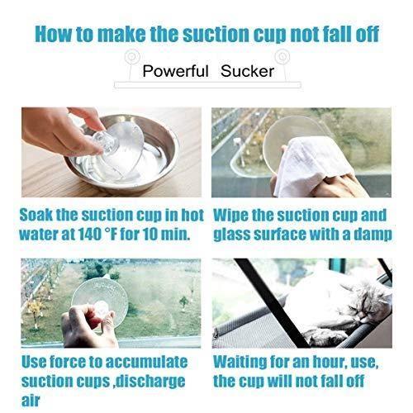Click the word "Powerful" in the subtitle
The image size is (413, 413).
tap(175, 71)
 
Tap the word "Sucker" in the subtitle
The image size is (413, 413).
tap(247, 71)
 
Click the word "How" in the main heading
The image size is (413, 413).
tap(53, 34)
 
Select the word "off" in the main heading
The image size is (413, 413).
tap(368, 34)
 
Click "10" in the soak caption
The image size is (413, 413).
tap(150, 234)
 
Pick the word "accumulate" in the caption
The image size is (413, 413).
tap(146, 362)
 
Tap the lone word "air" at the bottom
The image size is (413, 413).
tap(31, 401)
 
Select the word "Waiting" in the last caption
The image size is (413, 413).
tap(240, 362)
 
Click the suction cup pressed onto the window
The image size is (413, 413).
tap(100, 302)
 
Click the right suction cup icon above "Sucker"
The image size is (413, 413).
tap(282, 57)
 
